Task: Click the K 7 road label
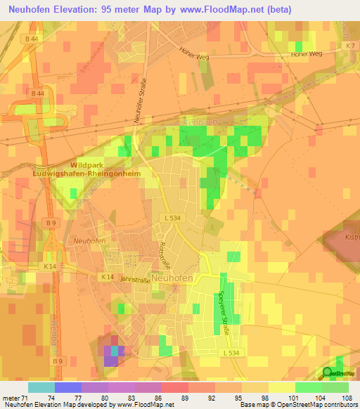tap(349, 46)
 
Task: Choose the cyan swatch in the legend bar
tap(41, 387)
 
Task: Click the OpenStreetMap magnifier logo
tap(329, 373)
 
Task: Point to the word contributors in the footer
tap(337, 405)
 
